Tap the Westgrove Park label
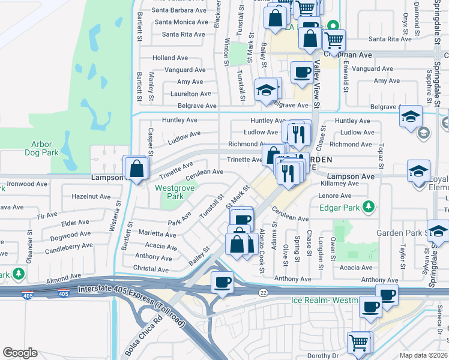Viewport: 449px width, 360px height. pyautogui.click(x=169, y=192)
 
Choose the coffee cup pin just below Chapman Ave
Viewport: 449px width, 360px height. pyautogui.click(x=301, y=73)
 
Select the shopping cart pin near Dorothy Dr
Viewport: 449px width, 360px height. pyautogui.click(x=358, y=343)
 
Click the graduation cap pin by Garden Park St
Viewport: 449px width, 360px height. pyautogui.click(x=439, y=232)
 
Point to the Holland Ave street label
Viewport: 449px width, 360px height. pyautogui.click(x=170, y=58)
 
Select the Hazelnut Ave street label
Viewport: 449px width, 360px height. pyautogui.click(x=91, y=196)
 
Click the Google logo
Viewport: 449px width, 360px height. pyautogui.click(x=20, y=353)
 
